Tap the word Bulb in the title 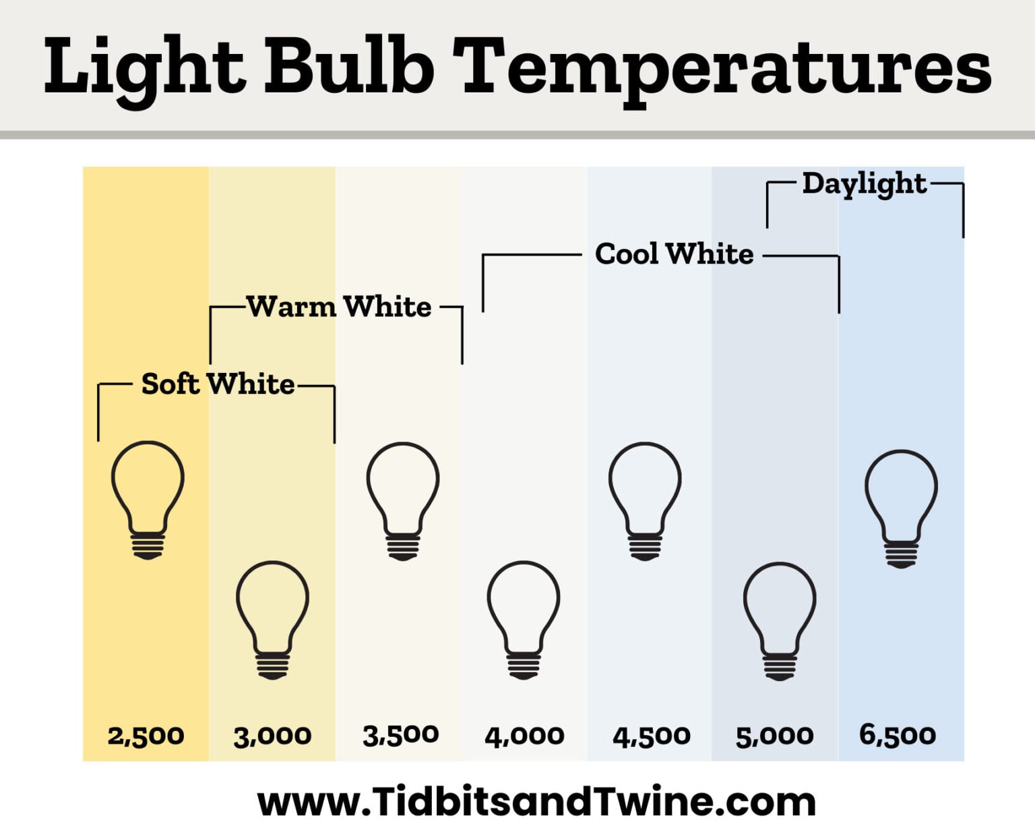[x=349, y=66]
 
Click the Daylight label [x=864, y=184]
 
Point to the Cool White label [x=674, y=254]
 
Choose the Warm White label [x=338, y=307]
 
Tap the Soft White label [x=218, y=384]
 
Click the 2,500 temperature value [x=146, y=736]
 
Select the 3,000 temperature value [x=272, y=736]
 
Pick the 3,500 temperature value [x=400, y=735]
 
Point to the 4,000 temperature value [x=524, y=736]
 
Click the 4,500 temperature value [x=651, y=736]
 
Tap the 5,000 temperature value [x=774, y=736]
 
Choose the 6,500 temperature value [x=898, y=734]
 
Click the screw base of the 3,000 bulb [x=272, y=666]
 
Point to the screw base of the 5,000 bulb [x=780, y=667]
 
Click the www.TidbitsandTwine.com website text [x=536, y=802]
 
